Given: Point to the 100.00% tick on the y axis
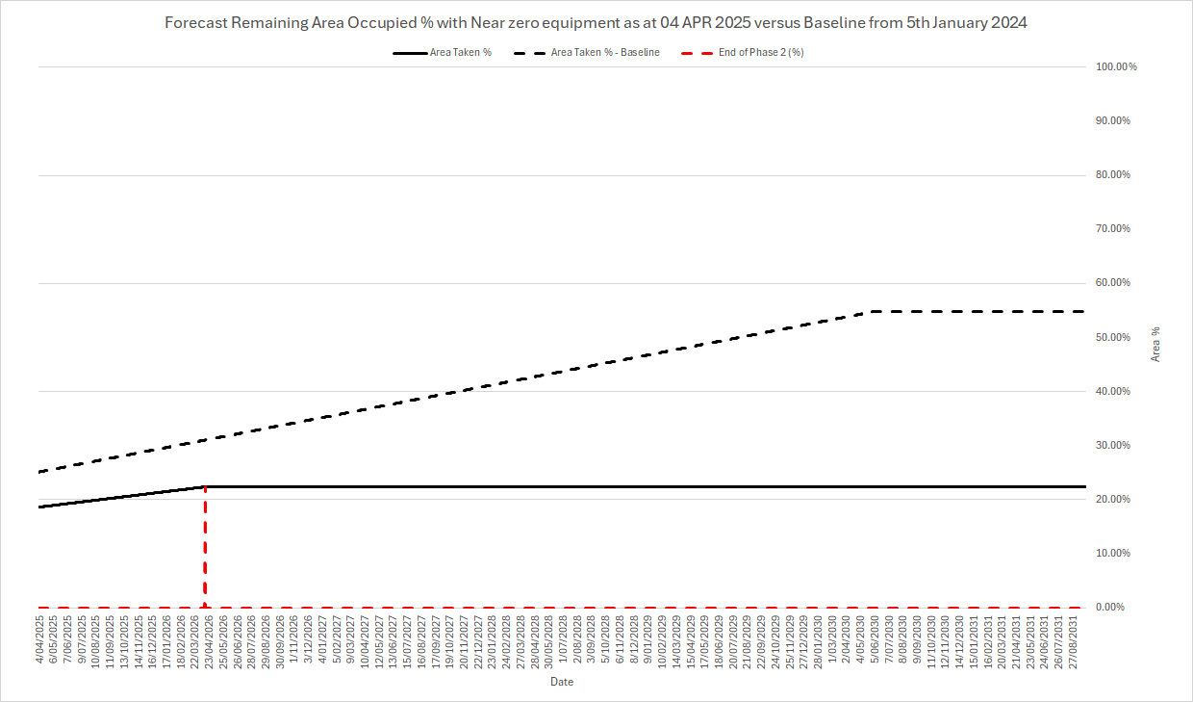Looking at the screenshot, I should (1116, 66).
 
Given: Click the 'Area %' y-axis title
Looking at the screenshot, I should (1155, 344).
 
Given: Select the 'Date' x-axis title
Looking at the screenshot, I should (562, 682).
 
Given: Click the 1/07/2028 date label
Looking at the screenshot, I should (562, 642).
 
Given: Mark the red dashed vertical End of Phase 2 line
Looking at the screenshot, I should (205, 549).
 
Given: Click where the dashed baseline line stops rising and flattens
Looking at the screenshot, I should (872, 311).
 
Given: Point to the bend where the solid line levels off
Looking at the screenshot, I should (205, 486).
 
